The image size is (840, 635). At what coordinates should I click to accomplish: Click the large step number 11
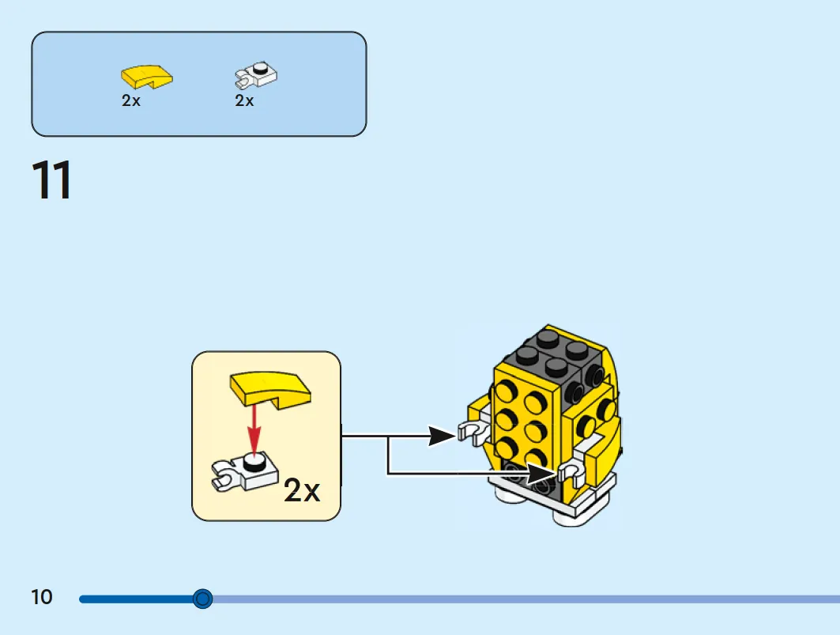[51, 180]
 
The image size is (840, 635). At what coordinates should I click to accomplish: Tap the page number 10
[42, 597]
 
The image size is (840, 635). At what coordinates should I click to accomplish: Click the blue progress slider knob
[202, 599]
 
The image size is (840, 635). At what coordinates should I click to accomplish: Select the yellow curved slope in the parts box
[147, 76]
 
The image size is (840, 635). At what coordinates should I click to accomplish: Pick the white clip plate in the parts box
[256, 75]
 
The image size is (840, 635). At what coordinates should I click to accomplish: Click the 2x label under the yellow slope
[130, 100]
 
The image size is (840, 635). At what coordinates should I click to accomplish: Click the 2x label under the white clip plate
[244, 100]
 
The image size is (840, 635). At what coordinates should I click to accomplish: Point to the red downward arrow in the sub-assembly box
[254, 430]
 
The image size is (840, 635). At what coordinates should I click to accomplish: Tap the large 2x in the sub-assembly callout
[302, 490]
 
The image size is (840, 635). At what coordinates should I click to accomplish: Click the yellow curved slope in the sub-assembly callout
[270, 389]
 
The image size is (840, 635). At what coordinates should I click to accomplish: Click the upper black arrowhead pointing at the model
[442, 436]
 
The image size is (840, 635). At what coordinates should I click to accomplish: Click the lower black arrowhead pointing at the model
[542, 474]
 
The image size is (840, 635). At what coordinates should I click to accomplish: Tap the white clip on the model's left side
[473, 432]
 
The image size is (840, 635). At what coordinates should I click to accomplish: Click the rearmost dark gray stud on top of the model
[547, 338]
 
